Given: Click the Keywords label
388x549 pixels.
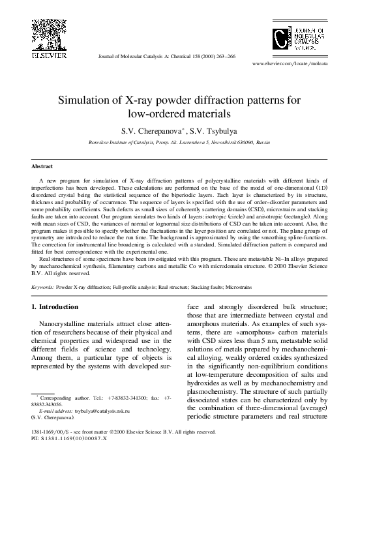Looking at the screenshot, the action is (x=42, y=286).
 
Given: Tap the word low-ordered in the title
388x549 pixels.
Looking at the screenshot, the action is (x=160, y=113).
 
